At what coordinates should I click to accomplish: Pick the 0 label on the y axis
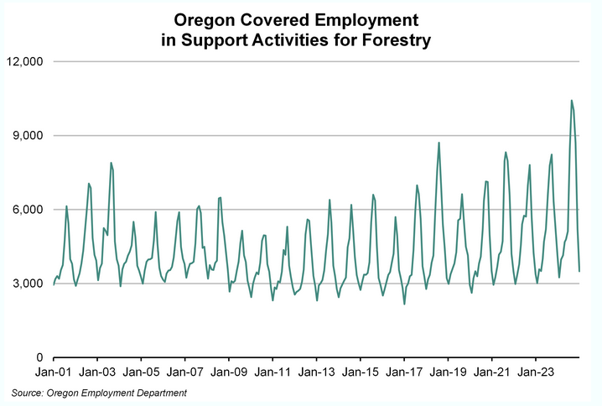pyautogui.click(x=39, y=357)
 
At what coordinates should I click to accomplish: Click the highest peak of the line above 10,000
pyautogui.click(x=571, y=101)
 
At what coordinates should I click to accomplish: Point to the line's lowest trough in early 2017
pyautogui.click(x=404, y=304)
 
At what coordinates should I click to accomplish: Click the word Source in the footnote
pyautogui.click(x=29, y=393)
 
